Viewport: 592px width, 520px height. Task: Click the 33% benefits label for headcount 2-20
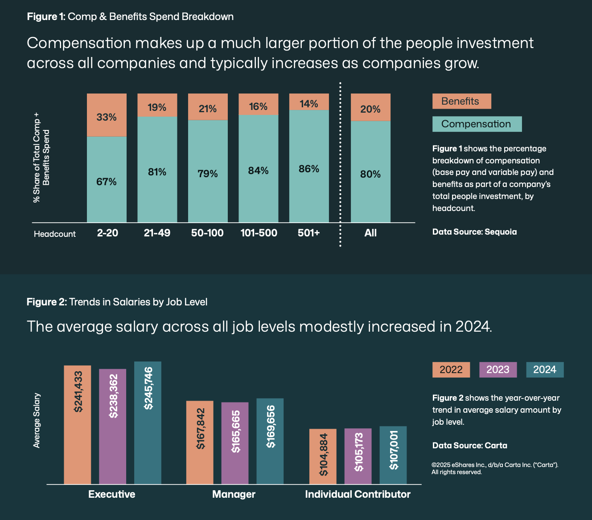(107, 117)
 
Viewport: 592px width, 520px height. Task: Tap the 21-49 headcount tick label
(157, 233)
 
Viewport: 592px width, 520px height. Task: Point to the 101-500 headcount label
(259, 233)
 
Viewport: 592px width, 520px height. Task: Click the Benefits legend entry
(461, 101)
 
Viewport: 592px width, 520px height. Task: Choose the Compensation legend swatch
(477, 124)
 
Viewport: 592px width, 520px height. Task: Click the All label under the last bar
(370, 233)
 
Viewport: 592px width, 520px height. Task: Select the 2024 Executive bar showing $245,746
(148, 422)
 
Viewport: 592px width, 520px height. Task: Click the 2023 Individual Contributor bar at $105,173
(358, 456)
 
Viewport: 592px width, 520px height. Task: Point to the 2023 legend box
(497, 370)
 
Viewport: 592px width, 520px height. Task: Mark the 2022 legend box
(451, 370)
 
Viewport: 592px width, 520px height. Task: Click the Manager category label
(234, 494)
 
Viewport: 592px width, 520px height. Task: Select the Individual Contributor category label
(358, 494)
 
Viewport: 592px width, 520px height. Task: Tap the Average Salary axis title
(37, 420)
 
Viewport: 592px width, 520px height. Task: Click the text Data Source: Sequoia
(474, 232)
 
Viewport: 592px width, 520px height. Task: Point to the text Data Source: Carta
(469, 445)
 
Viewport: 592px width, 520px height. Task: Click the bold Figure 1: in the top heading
(46, 16)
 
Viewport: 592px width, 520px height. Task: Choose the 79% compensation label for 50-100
(208, 174)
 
